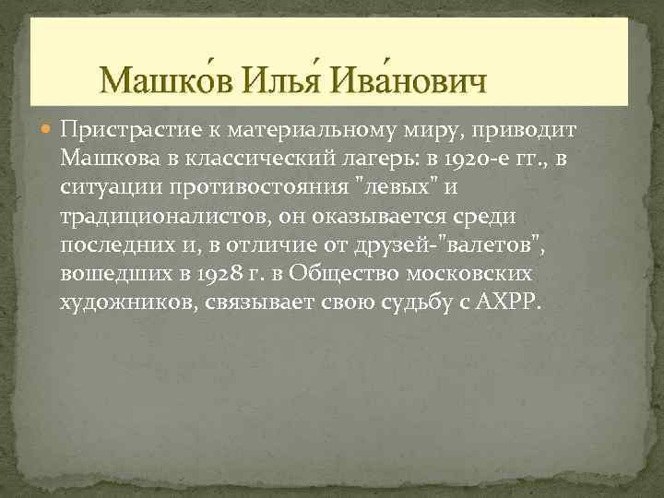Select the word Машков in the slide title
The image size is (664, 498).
point(169,84)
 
